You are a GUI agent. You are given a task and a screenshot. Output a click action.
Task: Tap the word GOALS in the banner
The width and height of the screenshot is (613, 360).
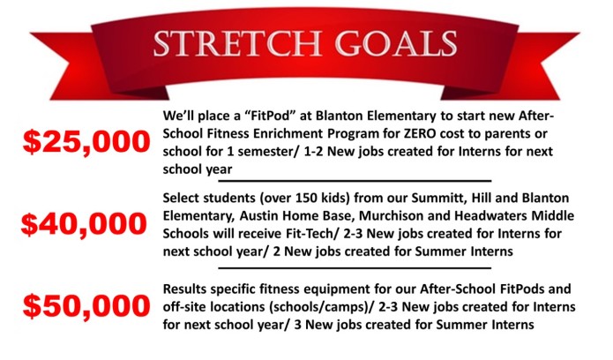(x=396, y=43)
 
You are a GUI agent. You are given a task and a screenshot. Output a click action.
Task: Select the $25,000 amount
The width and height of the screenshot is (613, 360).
(x=86, y=142)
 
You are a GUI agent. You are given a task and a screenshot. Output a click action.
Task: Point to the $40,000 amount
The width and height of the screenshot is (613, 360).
(x=84, y=224)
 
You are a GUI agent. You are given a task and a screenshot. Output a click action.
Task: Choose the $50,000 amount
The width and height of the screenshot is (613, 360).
(x=86, y=306)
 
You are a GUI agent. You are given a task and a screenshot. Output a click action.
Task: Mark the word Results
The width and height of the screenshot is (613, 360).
(x=184, y=289)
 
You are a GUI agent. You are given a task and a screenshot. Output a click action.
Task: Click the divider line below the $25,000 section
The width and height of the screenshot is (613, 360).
(x=355, y=181)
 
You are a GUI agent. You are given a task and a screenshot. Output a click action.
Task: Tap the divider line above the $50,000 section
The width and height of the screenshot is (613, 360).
(x=355, y=268)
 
